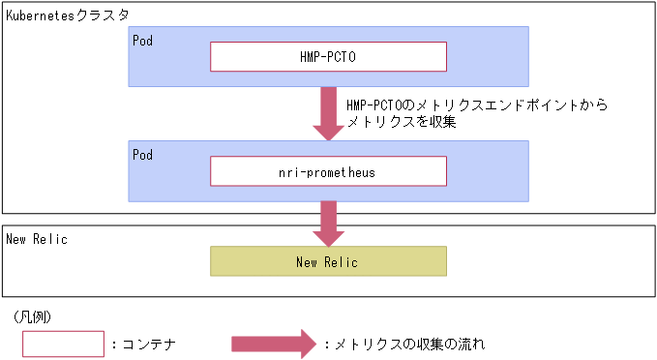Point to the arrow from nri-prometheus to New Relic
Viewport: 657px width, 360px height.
click(328, 224)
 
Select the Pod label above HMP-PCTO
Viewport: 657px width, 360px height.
click(142, 41)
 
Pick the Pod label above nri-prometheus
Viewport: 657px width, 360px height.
click(142, 154)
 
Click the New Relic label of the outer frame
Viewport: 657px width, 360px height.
click(37, 239)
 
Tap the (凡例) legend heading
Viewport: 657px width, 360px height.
click(33, 316)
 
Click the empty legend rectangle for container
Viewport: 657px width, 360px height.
click(63, 344)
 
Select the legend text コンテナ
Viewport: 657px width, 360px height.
click(145, 345)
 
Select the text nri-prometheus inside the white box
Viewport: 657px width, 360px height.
click(328, 172)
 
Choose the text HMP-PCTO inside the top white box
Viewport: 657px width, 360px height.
click(328, 57)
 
